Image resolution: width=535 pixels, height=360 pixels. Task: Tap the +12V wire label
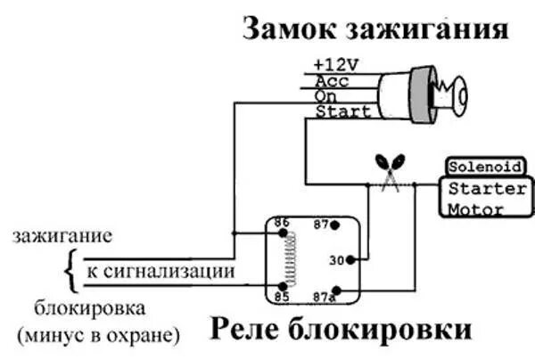coord(334,65)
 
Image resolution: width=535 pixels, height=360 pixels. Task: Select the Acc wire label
coord(330,80)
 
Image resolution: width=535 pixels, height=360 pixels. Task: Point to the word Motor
coord(476,209)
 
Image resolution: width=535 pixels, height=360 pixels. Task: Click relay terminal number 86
coord(282,223)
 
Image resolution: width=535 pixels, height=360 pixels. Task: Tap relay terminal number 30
coord(336,261)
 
